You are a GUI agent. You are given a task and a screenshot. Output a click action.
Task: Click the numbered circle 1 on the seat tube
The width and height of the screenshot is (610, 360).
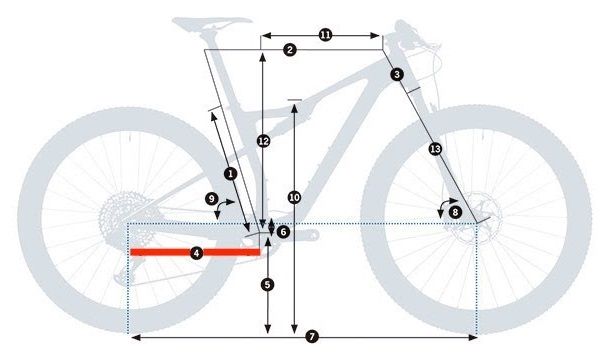tap(230, 173)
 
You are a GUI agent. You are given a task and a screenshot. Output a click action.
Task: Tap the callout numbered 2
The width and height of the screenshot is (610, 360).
tap(289, 50)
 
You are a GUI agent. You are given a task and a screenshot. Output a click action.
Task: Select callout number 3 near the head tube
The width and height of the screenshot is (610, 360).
tap(397, 74)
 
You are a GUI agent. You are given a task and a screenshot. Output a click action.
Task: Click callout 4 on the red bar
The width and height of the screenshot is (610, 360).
tap(196, 253)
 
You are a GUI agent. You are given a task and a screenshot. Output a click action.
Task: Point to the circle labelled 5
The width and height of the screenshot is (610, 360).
tap(267, 284)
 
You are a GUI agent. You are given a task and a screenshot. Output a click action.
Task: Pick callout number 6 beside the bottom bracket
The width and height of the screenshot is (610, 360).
tap(283, 232)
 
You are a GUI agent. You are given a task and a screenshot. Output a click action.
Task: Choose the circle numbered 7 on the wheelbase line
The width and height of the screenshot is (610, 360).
tap(312, 337)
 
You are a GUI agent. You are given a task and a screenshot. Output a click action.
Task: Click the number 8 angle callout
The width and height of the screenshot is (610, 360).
tap(455, 211)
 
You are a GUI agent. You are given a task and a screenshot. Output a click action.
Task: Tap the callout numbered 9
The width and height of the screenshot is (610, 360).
tap(212, 199)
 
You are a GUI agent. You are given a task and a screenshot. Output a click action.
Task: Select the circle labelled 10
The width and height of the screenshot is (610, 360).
tap(294, 197)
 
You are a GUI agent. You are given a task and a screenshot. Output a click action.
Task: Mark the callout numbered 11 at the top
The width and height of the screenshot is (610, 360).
tap(326, 35)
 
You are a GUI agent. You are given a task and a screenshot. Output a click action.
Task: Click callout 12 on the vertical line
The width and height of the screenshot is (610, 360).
tap(263, 141)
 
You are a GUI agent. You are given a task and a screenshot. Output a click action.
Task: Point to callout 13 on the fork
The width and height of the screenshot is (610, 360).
tap(434, 149)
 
